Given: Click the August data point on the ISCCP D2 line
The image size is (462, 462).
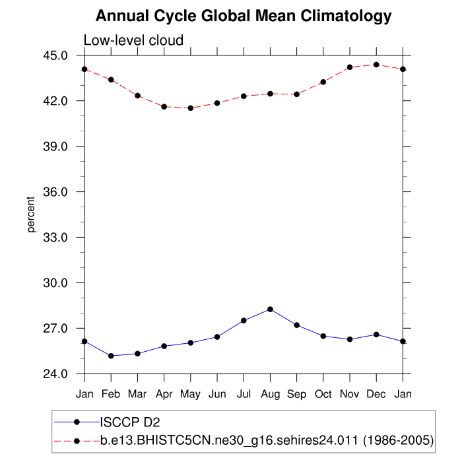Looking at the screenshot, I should [x=270, y=309].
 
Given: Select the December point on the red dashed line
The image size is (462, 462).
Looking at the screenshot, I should [x=376, y=65].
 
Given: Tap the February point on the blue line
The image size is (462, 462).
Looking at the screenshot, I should [x=111, y=356].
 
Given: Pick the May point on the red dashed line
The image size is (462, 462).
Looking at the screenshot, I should [x=190, y=108].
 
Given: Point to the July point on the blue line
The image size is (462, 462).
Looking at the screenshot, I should [x=244, y=321].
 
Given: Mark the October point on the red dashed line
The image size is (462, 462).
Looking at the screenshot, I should [x=323, y=82].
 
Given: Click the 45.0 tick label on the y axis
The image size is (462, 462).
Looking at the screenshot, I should [x=55, y=55].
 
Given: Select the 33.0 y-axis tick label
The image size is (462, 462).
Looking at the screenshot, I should [x=55, y=238].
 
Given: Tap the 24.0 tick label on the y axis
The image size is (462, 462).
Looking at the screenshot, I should [x=55, y=374].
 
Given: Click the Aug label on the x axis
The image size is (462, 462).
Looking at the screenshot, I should [x=270, y=394].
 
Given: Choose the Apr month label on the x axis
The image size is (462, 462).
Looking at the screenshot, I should [x=164, y=394].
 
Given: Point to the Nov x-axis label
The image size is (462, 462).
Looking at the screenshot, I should [x=350, y=394].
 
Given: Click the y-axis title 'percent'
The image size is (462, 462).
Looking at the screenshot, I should [x=31, y=214].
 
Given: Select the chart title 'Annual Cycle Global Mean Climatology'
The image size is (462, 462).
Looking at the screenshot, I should [x=244, y=16].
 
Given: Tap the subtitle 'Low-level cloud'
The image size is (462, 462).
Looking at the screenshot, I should [x=133, y=41].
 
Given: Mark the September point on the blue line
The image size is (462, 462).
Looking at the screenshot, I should [x=296, y=325].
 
